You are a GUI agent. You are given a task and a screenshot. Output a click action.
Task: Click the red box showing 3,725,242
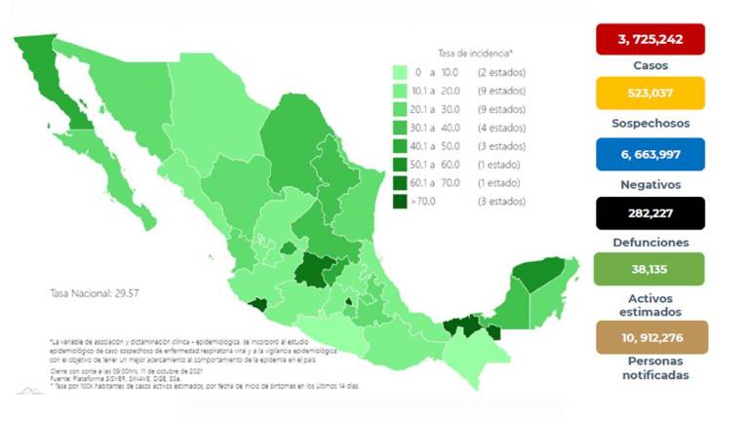(x=649, y=40)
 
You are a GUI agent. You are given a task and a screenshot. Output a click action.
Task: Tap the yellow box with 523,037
(x=649, y=95)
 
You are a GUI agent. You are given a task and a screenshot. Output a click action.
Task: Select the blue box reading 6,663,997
(x=649, y=154)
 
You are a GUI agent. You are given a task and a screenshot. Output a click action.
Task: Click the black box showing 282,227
(x=649, y=212)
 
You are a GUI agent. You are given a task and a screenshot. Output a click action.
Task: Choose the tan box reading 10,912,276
(x=649, y=338)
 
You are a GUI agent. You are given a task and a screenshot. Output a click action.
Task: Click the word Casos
(x=649, y=66)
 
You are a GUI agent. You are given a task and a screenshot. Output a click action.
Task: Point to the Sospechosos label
(x=649, y=124)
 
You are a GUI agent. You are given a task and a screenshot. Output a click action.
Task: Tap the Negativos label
(x=649, y=183)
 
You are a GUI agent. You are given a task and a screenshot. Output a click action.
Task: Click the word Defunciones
(x=649, y=242)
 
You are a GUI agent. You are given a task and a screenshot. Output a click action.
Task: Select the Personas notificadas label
(x=649, y=367)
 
